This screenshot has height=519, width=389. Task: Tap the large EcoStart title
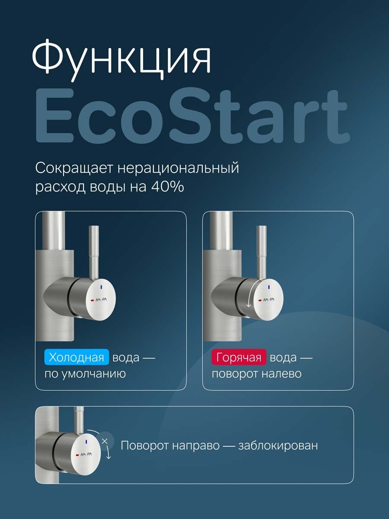[192, 118]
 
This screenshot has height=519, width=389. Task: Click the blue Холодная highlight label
[77, 358]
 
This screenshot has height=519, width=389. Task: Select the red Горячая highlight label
[239, 358]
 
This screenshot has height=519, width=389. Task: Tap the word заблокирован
[278, 445]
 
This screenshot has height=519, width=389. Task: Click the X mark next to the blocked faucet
[104, 441]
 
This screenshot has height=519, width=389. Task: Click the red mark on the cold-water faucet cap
[92, 300]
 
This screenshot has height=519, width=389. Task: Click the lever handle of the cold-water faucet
[93, 251]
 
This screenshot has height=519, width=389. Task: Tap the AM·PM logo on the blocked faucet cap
[86, 454]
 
